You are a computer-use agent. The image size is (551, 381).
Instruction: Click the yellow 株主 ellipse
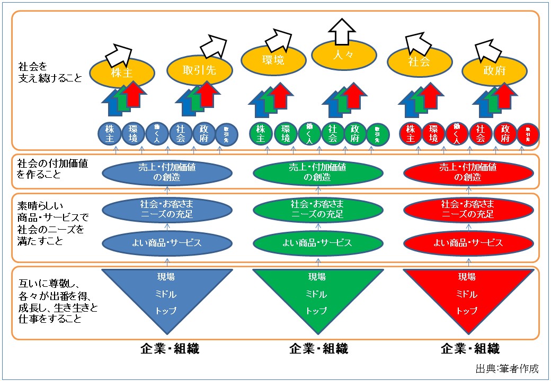click(x=121, y=72)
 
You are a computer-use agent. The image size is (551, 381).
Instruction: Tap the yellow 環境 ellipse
click(x=273, y=60)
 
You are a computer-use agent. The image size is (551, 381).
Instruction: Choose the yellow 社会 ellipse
click(x=419, y=61)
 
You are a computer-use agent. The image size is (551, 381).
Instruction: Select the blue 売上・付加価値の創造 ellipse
click(x=166, y=172)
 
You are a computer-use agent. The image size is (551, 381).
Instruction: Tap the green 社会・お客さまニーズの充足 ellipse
click(x=317, y=209)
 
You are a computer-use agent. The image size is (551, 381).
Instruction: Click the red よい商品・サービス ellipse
click(x=468, y=243)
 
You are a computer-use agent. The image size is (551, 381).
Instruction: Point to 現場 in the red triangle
click(x=467, y=277)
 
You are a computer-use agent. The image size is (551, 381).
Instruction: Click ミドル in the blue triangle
click(x=166, y=294)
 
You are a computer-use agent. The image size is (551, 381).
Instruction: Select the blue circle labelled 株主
click(x=110, y=133)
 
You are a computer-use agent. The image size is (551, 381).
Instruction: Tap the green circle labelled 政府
click(x=355, y=133)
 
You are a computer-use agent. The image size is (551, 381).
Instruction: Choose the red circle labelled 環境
click(x=433, y=133)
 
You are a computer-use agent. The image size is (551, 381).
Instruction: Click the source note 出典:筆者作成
click(x=507, y=368)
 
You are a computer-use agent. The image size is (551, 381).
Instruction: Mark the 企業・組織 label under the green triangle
click(x=318, y=348)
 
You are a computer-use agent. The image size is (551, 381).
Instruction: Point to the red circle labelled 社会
click(x=481, y=133)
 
